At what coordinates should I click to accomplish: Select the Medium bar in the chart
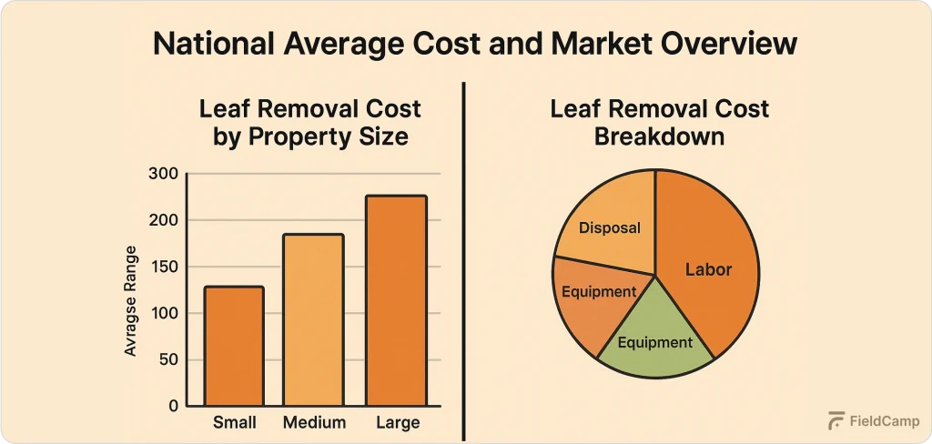(314, 319)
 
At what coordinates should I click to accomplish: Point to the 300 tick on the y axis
(164, 174)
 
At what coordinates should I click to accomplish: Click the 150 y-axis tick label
(164, 267)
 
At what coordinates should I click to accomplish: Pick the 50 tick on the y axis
(168, 360)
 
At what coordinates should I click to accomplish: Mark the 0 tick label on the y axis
(173, 406)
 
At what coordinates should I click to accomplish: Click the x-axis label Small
(234, 423)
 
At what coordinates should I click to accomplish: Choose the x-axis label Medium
(314, 423)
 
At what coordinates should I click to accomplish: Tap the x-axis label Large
(397, 423)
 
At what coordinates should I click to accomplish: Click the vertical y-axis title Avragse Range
(132, 300)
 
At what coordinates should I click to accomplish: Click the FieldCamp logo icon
(836, 421)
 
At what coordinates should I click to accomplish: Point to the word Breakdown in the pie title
(659, 137)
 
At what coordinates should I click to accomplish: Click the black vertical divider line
(465, 259)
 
